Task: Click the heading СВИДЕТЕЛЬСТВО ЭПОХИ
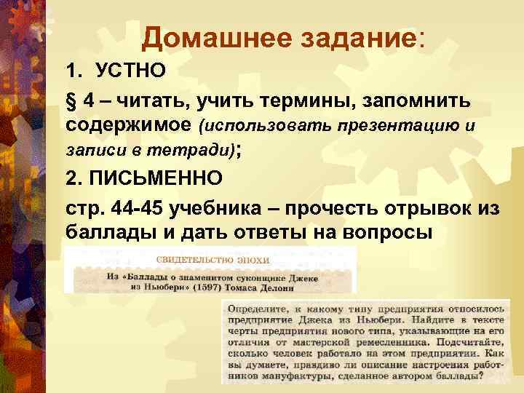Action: tap(213, 260)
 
